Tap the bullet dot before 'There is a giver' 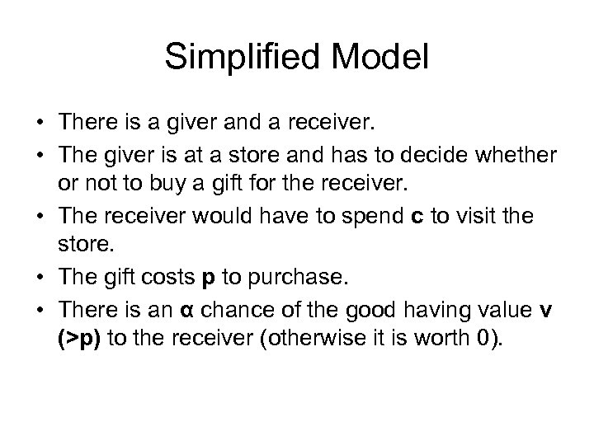tap(40, 124)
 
